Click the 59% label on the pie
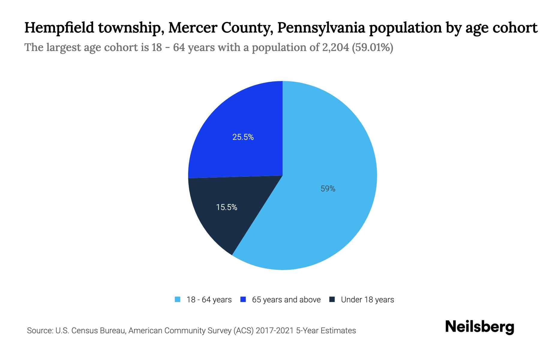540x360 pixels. (328, 189)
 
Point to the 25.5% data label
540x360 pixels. (243, 137)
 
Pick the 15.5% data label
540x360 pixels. (227, 207)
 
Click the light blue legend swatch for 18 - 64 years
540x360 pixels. (178, 299)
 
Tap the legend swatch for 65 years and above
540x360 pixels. (243, 299)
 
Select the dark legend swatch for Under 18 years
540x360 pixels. (332, 299)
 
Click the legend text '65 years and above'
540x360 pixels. (286, 300)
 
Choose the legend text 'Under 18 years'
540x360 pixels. (367, 300)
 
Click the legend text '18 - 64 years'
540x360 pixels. (209, 300)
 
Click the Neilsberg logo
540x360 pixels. (479, 327)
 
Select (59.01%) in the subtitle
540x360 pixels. (372, 47)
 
